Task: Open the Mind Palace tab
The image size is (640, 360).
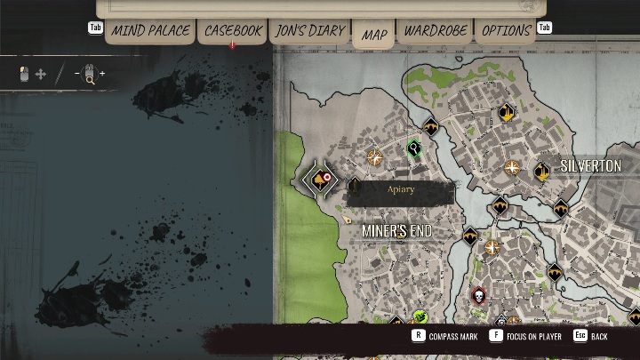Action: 150,31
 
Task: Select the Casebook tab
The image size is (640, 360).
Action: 234,31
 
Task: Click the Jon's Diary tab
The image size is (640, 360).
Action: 310,31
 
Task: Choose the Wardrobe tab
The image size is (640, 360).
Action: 436,31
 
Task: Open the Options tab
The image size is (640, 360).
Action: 507,31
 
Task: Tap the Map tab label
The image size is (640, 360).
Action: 374,36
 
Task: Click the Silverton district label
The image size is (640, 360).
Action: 590,166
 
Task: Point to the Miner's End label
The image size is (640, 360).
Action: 396,231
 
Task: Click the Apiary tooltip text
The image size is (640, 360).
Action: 401,189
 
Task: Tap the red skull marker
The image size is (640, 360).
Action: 478,296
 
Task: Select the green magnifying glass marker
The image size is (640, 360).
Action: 414,147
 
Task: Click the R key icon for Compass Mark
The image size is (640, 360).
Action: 417,336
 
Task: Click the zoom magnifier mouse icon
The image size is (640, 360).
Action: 89,75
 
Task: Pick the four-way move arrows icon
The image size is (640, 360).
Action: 40,75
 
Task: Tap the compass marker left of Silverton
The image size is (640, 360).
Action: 512,167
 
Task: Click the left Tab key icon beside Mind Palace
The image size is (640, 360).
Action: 95,28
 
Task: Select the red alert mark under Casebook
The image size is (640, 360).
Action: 233,44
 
